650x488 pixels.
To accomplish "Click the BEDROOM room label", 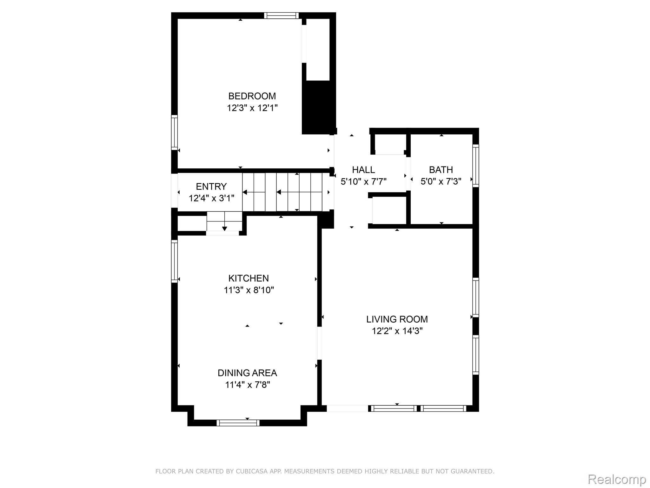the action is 252,96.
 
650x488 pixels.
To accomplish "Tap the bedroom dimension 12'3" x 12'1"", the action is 252,108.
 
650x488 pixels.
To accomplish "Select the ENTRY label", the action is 211,186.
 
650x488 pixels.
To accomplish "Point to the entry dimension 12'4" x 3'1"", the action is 211,198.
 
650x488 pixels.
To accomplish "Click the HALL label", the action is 363,170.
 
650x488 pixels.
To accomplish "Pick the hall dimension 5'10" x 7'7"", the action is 363,181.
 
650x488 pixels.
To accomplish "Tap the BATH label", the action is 441,170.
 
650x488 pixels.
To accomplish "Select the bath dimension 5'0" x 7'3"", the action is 441,181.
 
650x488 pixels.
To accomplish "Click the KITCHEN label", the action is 249,278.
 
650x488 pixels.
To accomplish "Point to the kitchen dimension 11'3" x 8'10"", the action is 249,290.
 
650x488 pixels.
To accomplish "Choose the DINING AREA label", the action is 247,373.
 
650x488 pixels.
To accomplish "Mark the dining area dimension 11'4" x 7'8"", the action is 247,385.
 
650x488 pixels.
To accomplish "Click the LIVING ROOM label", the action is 397,319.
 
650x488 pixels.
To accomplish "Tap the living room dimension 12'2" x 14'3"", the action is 397,331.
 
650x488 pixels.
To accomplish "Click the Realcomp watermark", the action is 617,479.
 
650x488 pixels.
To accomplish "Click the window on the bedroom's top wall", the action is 281,16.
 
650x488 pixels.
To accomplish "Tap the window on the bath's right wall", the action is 475,166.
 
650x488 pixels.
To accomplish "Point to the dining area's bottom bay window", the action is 238,423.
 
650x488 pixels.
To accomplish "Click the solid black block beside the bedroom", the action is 319,107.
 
